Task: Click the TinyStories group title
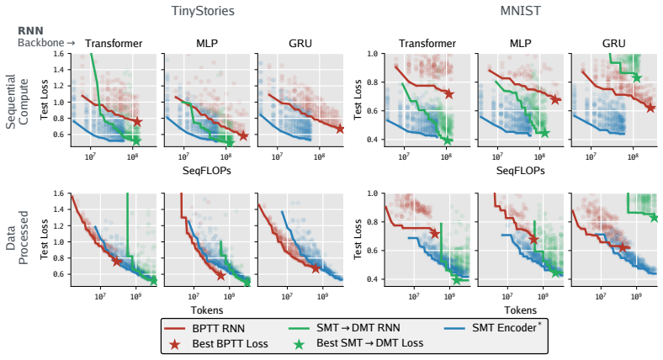click(203, 11)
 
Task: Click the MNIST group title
click(520, 11)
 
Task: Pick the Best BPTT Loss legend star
click(175, 344)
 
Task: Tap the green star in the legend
click(299, 344)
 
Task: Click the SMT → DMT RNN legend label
click(358, 328)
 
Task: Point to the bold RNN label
click(30, 31)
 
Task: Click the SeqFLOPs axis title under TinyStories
click(207, 171)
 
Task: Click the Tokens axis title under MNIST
click(520, 310)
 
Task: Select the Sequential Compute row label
click(17, 102)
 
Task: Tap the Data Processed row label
click(17, 238)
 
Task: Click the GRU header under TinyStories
click(300, 44)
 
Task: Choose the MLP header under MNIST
click(520, 44)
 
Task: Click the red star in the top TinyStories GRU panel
click(341, 129)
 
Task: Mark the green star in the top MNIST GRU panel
click(637, 77)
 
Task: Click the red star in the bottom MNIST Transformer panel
click(435, 234)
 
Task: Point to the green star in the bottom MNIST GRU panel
click(655, 218)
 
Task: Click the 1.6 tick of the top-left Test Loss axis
click(59, 54)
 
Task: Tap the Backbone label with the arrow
click(46, 43)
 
